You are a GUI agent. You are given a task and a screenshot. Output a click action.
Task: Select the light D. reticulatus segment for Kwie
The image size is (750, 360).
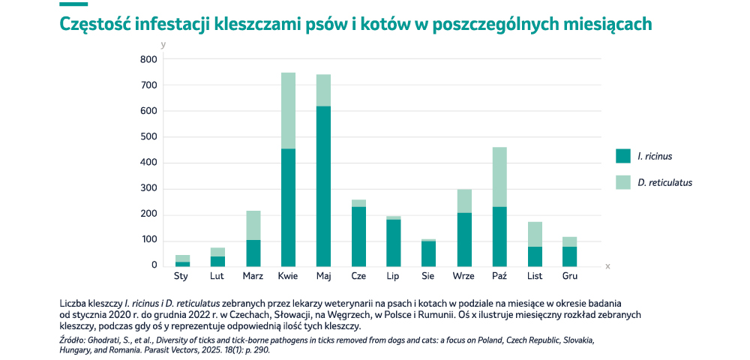point(288,110)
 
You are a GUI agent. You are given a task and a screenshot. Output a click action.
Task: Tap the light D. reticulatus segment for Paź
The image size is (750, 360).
point(499,177)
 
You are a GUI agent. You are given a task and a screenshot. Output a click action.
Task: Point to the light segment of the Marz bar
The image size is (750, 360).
point(253,225)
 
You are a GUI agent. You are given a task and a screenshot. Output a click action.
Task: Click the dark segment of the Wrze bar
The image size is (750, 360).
point(464,239)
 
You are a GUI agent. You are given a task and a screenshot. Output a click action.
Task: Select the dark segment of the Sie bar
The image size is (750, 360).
point(429,253)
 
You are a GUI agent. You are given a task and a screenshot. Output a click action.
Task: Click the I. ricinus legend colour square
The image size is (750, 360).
point(622,156)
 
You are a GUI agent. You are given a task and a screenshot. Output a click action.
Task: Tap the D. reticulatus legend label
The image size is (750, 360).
point(664,182)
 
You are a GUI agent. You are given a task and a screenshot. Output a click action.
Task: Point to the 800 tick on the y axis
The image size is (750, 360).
point(148,59)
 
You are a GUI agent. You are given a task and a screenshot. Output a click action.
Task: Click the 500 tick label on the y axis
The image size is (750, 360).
point(148,137)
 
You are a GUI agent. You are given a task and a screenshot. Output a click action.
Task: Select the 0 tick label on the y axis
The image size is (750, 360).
point(154,265)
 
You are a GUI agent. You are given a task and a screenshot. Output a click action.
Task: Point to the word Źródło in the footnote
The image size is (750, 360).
point(73,340)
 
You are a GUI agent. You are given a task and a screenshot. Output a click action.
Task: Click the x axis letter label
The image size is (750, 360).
point(607,266)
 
